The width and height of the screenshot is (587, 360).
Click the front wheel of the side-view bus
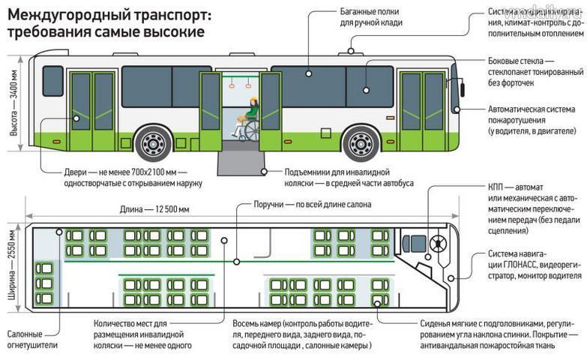click(361, 142)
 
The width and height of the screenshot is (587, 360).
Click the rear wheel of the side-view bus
click(154, 142)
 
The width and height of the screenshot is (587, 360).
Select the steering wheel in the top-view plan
click(437, 243)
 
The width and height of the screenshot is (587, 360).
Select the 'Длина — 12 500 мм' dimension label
click(155, 209)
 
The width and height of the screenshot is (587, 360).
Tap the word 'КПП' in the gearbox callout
click(496, 186)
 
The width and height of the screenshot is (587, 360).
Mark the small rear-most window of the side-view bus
click(52, 81)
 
